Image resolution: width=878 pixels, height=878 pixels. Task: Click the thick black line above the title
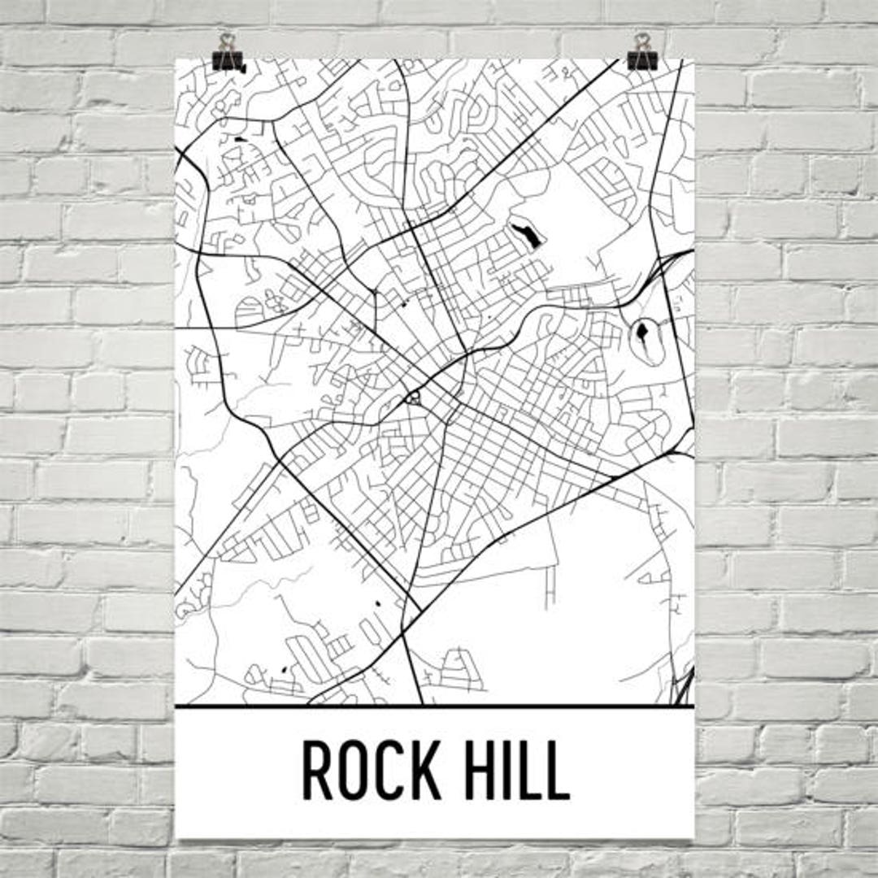435,706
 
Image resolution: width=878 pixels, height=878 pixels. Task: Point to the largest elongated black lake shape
525,236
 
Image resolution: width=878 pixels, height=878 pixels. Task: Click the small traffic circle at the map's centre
414,398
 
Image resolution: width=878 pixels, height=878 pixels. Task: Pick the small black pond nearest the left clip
238,140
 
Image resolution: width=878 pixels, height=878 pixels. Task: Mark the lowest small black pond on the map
284,669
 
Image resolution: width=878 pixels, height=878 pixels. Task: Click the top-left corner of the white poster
176,59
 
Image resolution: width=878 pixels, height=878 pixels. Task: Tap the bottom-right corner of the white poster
693,837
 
